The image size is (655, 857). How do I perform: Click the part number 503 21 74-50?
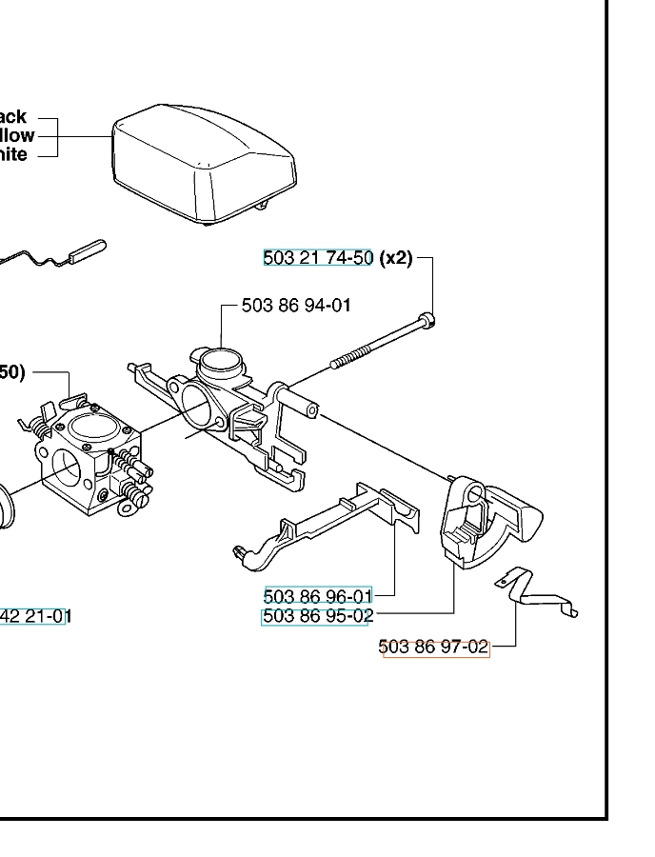(x=317, y=257)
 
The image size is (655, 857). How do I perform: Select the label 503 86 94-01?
(x=296, y=306)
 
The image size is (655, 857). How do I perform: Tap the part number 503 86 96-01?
(x=317, y=596)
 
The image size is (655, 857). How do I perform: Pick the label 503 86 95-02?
(x=317, y=616)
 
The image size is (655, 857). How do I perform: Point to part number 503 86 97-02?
(x=434, y=648)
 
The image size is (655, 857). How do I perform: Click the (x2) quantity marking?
(x=396, y=257)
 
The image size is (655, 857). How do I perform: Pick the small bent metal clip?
(x=538, y=594)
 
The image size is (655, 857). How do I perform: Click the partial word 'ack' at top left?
(x=12, y=118)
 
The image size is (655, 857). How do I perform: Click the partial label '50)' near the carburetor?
(x=12, y=372)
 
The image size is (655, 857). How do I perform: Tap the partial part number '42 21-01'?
(x=34, y=617)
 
